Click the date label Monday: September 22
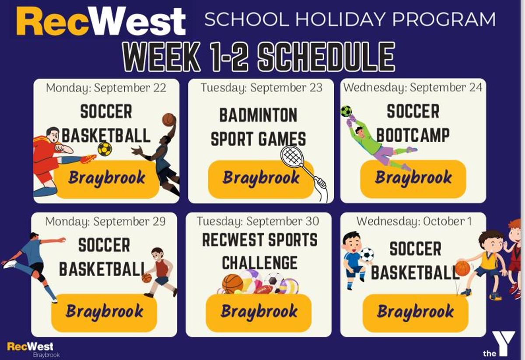click(x=106, y=88)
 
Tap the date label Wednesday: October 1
click(x=414, y=221)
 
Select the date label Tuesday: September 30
click(x=258, y=221)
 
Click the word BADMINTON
click(x=258, y=115)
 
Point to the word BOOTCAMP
click(x=413, y=135)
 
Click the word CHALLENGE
click(x=260, y=263)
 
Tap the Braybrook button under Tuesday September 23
click(x=261, y=179)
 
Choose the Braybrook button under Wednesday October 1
click(x=415, y=313)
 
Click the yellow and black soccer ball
click(x=105, y=149)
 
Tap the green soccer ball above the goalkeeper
click(x=346, y=112)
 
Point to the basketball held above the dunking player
click(x=169, y=120)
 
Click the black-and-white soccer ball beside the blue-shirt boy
click(x=367, y=255)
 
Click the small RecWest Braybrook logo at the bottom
click(x=33, y=349)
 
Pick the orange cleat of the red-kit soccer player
click(x=88, y=158)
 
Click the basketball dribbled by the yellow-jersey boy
click(x=463, y=268)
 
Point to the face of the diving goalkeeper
click(x=360, y=133)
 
